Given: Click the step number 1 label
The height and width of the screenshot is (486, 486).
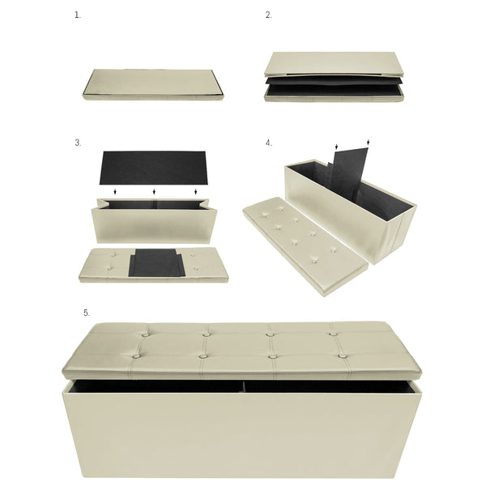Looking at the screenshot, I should pyautogui.click(x=78, y=15).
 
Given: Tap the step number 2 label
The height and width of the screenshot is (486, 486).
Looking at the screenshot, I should pyautogui.click(x=269, y=15).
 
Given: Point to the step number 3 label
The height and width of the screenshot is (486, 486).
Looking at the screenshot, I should pyautogui.click(x=78, y=143).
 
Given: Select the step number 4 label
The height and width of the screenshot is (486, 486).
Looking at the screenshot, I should pyautogui.click(x=269, y=143).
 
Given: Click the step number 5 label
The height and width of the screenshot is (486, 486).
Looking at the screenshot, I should pyautogui.click(x=87, y=313).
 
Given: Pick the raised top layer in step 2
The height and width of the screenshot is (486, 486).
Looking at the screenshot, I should pyautogui.click(x=334, y=64).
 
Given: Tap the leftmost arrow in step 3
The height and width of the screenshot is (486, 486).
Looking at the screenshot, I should pyautogui.click(x=115, y=192).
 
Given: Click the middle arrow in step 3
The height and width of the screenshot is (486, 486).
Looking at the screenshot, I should pyautogui.click(x=154, y=192).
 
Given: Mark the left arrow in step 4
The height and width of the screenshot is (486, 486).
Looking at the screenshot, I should pyautogui.click(x=337, y=147).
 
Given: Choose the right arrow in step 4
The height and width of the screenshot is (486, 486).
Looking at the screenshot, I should pyautogui.click(x=368, y=143).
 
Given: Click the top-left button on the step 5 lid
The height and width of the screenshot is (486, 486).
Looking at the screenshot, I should pyautogui.click(x=145, y=333).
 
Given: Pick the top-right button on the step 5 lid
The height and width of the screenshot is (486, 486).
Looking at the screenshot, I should pyautogui.click(x=333, y=333).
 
